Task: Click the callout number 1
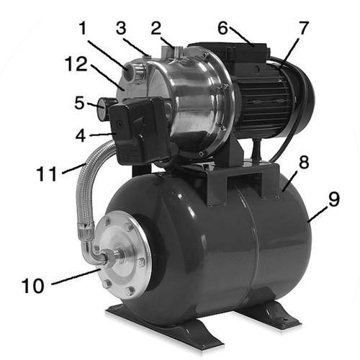pos(83,28)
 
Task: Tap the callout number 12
pos(76,64)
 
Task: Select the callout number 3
pos(121,28)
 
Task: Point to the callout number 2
pos(156,28)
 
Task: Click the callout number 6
pos(222,28)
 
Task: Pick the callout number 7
pos(303,28)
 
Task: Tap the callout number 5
pos(79,103)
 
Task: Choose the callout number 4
pos(81,136)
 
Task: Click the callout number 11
pos(47,174)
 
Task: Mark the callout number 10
pos(33,286)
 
